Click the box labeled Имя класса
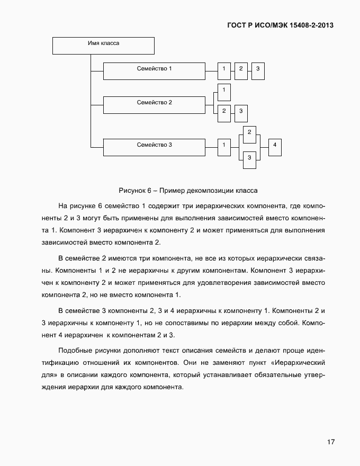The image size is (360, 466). click(x=103, y=45)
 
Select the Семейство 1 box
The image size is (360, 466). click(x=154, y=71)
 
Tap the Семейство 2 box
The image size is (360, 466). click(x=154, y=104)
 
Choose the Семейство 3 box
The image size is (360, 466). click(x=154, y=147)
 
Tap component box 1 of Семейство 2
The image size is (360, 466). click(x=224, y=92)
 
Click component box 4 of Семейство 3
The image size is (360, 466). click(x=275, y=147)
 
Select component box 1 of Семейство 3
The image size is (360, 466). click(x=224, y=147)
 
